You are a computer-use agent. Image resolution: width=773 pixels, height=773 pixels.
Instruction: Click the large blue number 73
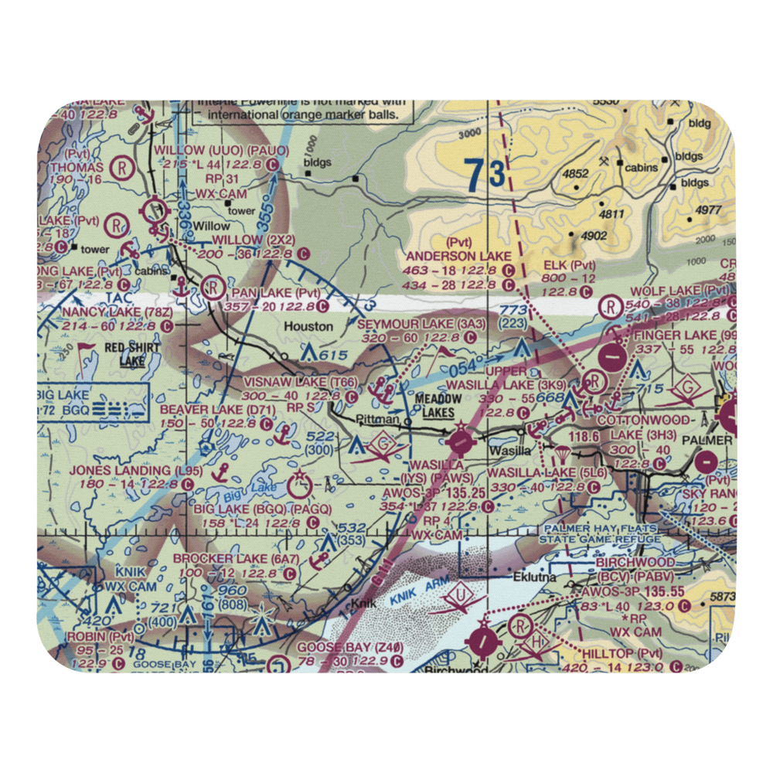pos(485,175)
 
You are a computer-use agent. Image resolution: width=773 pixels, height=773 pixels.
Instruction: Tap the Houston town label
pos(308,326)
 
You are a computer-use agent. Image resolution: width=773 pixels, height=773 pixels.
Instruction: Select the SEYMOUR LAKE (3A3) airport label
pos(422,324)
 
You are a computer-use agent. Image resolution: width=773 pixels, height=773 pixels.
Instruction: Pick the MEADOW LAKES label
pos(438,406)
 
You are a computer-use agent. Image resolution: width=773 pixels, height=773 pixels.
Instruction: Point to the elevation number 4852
pos(575,174)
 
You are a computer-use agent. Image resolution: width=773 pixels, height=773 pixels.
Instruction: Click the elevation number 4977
pos(707,209)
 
